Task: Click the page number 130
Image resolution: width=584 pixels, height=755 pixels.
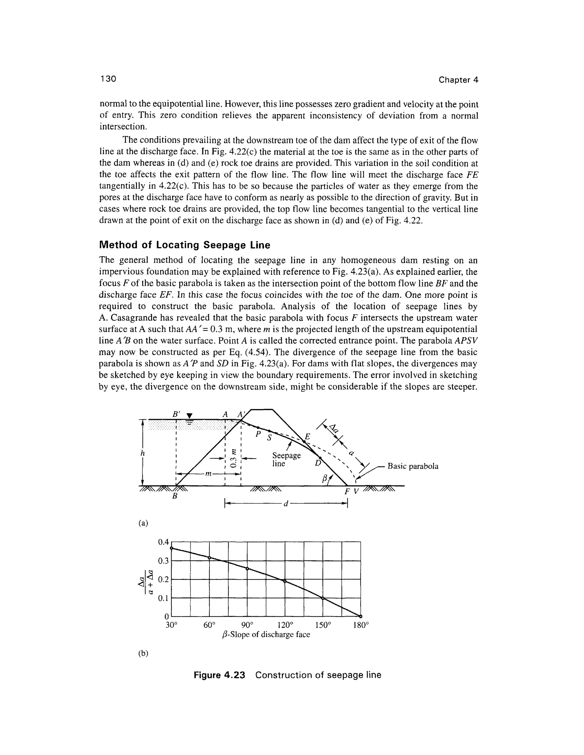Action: tap(108, 79)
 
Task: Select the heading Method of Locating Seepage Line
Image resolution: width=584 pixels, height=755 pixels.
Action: tap(184, 245)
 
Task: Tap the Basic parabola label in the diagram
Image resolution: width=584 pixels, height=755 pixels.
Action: tap(412, 466)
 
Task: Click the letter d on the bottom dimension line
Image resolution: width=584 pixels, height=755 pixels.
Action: tap(286, 504)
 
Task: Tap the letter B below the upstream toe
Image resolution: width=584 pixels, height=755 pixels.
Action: tap(175, 496)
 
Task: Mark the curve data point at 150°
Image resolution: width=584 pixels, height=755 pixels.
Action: tap(323, 598)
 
